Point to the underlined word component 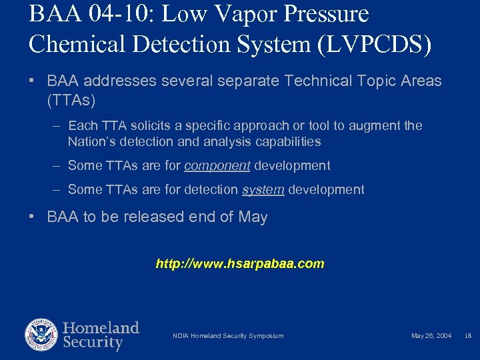[x=217, y=165]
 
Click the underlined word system [x=263, y=189]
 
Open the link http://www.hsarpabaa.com [x=240, y=263]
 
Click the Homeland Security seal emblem [x=41, y=335]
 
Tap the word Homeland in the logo [x=101, y=328]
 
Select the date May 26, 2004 [x=431, y=335]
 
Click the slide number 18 [x=467, y=335]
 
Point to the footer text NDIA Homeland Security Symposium [x=228, y=335]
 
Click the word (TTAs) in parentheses [x=71, y=101]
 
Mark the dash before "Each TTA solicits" [x=56, y=125]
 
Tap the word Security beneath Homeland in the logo [x=93, y=343]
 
